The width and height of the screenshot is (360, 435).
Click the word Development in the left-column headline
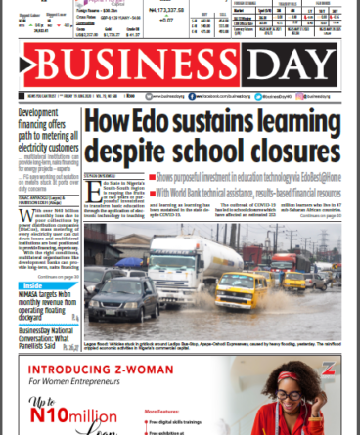[37, 113]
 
